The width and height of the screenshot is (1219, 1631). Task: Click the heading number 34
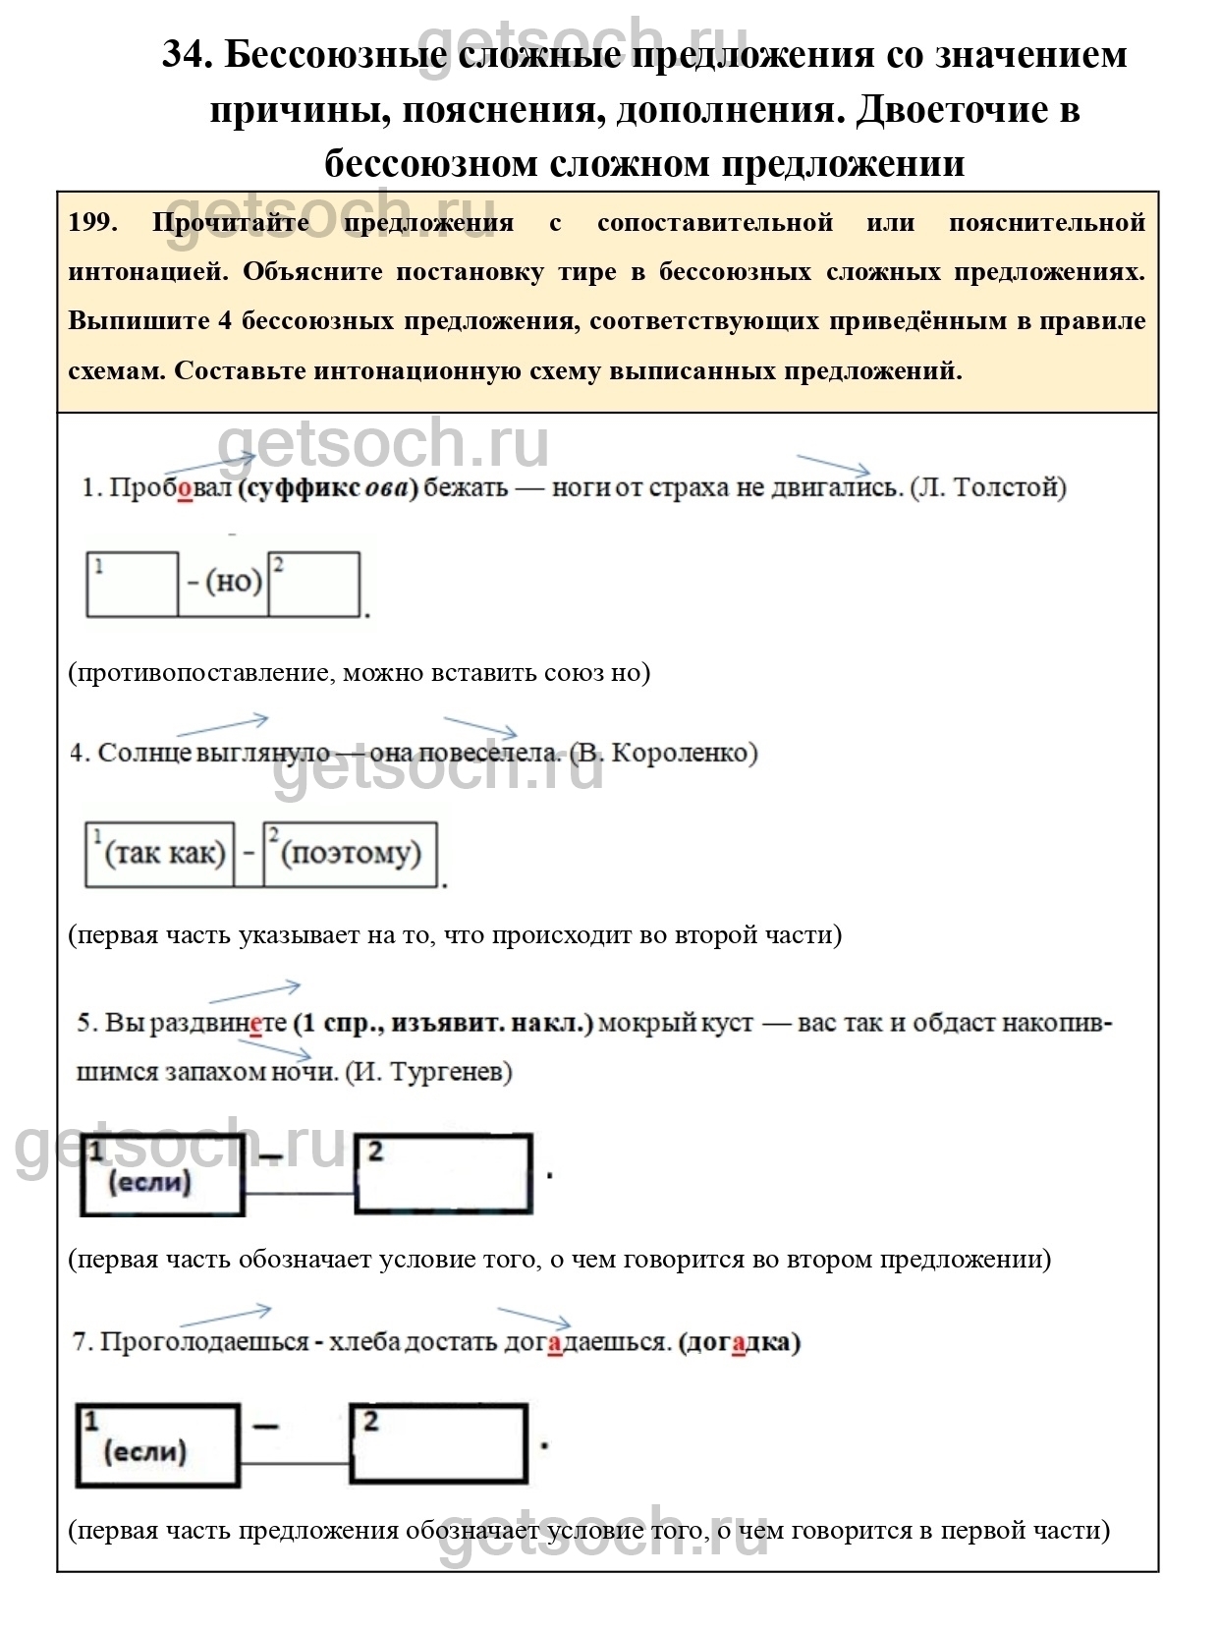coord(187,54)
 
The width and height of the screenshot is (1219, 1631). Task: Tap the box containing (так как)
coord(160,854)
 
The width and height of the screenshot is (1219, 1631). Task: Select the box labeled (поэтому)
coord(351,854)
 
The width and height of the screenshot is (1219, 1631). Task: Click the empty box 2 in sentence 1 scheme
coord(314,585)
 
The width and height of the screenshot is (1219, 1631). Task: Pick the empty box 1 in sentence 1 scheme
coord(133,585)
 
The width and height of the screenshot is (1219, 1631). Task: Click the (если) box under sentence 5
coord(162,1175)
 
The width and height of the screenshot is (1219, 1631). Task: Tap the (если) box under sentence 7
coord(158,1444)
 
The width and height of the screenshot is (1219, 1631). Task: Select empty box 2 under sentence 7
coord(439,1444)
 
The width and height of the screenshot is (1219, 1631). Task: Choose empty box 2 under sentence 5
coord(443,1175)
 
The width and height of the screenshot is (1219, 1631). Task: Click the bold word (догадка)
coord(739,1342)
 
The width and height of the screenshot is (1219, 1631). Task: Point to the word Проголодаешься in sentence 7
coord(204,1342)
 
